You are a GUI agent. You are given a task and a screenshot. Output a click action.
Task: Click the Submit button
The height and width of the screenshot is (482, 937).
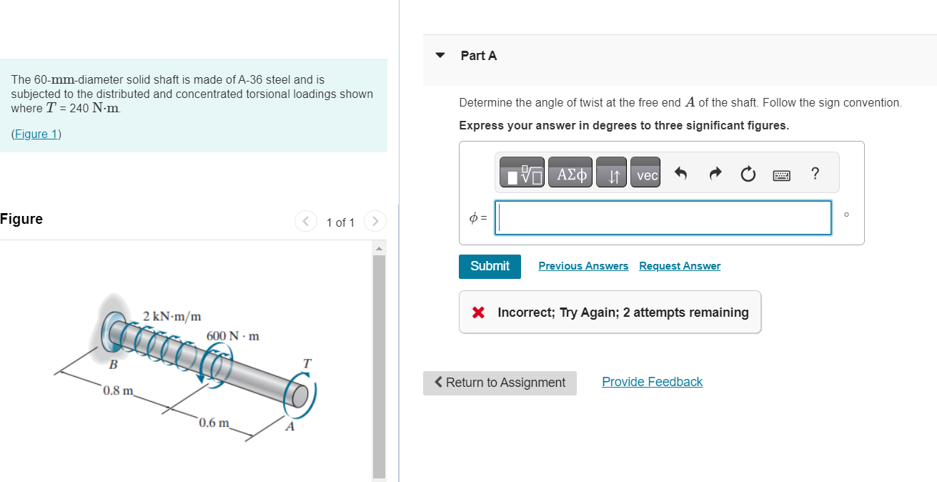490,266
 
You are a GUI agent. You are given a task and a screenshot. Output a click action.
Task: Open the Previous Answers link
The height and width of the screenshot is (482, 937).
583,266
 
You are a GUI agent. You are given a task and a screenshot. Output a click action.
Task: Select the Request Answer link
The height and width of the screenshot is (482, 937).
680,266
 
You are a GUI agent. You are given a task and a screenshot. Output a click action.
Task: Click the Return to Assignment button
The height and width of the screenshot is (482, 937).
500,383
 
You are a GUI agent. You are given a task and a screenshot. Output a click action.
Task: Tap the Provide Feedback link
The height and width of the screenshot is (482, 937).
652,382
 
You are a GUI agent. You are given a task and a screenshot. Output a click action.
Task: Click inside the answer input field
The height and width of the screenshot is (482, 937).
664,217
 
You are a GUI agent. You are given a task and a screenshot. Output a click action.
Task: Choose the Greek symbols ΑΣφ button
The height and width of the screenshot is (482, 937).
570,174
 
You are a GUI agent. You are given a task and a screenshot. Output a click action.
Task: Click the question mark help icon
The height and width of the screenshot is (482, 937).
815,173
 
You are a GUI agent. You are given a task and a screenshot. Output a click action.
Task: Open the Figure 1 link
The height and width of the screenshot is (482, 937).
36,134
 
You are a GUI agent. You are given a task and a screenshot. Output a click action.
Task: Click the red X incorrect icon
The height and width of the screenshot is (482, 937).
479,313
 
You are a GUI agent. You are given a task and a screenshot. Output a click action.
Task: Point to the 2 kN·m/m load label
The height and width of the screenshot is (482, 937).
172,315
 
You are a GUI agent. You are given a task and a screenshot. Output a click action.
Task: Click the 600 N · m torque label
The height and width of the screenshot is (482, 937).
233,335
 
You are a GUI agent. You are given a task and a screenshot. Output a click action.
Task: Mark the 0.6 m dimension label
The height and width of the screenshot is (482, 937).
214,422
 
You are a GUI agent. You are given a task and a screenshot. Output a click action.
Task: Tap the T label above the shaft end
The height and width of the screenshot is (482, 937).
307,364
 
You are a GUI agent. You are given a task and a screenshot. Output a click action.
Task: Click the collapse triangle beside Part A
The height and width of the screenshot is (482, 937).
440,55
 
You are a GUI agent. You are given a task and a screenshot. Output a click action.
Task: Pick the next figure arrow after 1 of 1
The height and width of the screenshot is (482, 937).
375,222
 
